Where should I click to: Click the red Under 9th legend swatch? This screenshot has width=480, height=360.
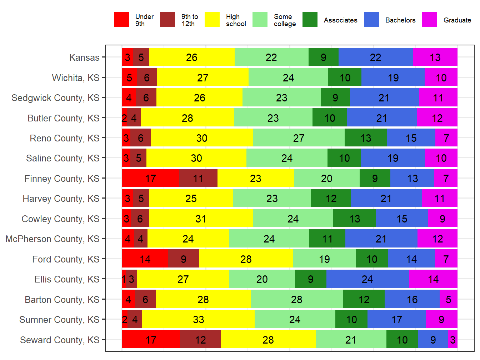coord(121,20)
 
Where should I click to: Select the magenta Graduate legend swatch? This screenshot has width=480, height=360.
coord(429,20)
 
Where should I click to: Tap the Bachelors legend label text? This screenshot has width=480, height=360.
coord(400,20)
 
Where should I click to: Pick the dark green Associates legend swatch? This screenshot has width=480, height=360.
coord(310,20)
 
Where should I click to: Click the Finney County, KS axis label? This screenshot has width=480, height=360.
coord(62,179)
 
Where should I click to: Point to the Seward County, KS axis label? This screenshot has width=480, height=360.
coord(60,340)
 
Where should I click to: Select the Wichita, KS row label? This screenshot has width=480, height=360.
coord(75,78)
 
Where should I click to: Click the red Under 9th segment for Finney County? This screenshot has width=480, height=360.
coord(150,178)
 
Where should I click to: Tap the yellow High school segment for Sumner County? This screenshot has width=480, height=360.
coord(198,319)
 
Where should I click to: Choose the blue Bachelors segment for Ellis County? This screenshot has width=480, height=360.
coord(367,279)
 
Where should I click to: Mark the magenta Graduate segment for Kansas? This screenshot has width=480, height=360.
coord(435,57)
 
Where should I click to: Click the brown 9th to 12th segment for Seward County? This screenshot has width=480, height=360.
coord(200,339)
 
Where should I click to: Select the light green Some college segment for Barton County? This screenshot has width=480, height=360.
coord(297,299)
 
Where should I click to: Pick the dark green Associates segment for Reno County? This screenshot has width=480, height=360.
coord(366,138)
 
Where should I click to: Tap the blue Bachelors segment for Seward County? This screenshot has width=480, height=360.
coord(433,339)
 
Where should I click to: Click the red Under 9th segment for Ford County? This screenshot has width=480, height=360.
coord(145,259)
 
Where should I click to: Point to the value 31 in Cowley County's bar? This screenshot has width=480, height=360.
coord(201,219)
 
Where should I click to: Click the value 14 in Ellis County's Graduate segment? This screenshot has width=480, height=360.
coord(433,279)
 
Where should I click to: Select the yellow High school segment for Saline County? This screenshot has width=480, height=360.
coord(196,158)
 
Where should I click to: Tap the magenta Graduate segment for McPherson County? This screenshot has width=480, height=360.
coord(437,239)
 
